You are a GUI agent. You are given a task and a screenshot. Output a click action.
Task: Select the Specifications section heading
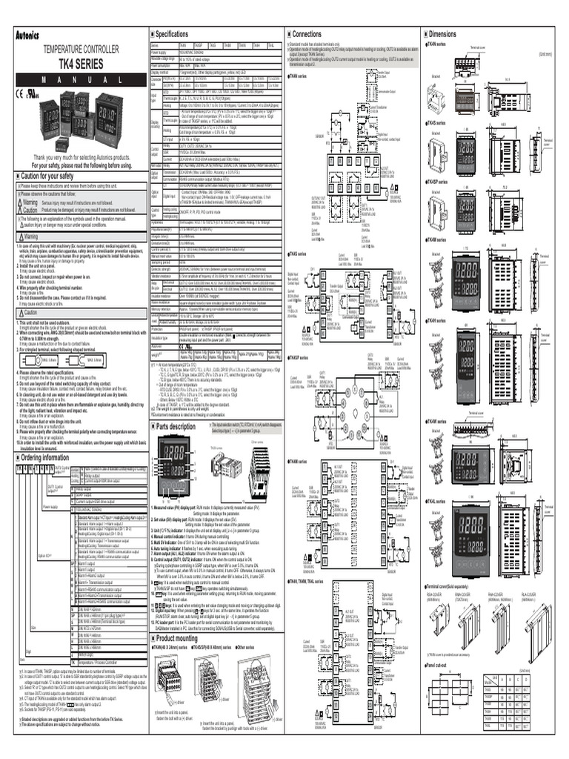(x=172, y=34)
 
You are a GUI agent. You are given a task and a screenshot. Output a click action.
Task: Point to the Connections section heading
(x=307, y=34)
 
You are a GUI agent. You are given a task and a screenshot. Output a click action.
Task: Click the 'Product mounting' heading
(x=176, y=637)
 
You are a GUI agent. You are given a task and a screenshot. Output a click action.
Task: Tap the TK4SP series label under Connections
(x=299, y=337)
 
